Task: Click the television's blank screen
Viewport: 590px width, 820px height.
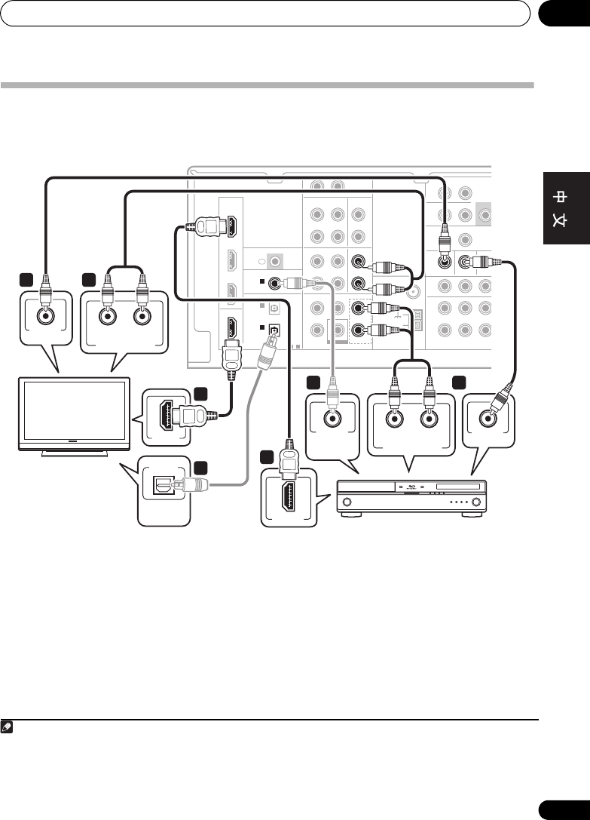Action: tap(74, 413)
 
